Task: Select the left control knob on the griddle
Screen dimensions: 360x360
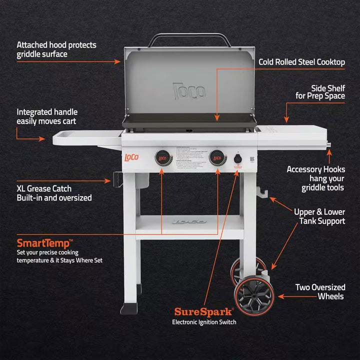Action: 163,158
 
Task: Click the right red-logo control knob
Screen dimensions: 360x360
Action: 218,158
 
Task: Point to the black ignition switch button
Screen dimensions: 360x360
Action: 238,159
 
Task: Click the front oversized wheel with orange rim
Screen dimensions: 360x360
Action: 254,295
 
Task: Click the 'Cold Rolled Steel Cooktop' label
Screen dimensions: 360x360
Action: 301,62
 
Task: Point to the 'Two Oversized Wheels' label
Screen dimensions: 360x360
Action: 320,292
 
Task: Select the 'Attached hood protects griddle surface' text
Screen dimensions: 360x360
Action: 56,49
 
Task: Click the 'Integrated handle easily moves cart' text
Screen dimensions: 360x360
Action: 47,116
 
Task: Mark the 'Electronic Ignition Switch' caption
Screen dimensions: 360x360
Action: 204,322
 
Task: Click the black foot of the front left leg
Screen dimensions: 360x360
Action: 129,308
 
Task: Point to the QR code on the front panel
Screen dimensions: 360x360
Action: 252,159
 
